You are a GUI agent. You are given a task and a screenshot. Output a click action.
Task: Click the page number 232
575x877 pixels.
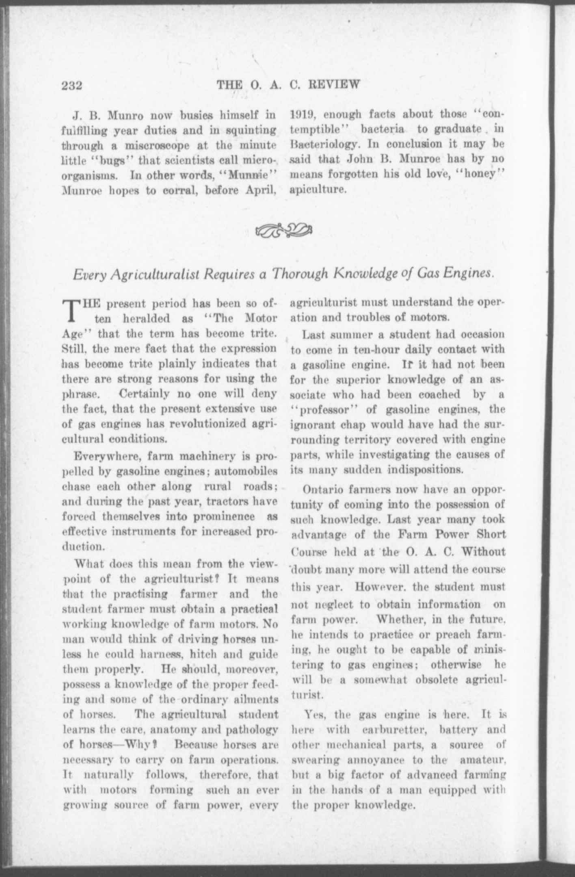coord(72,86)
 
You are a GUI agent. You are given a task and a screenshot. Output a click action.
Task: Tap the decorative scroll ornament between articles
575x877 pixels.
coord(284,231)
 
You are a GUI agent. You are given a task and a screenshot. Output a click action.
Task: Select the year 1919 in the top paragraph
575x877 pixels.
coord(302,114)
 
